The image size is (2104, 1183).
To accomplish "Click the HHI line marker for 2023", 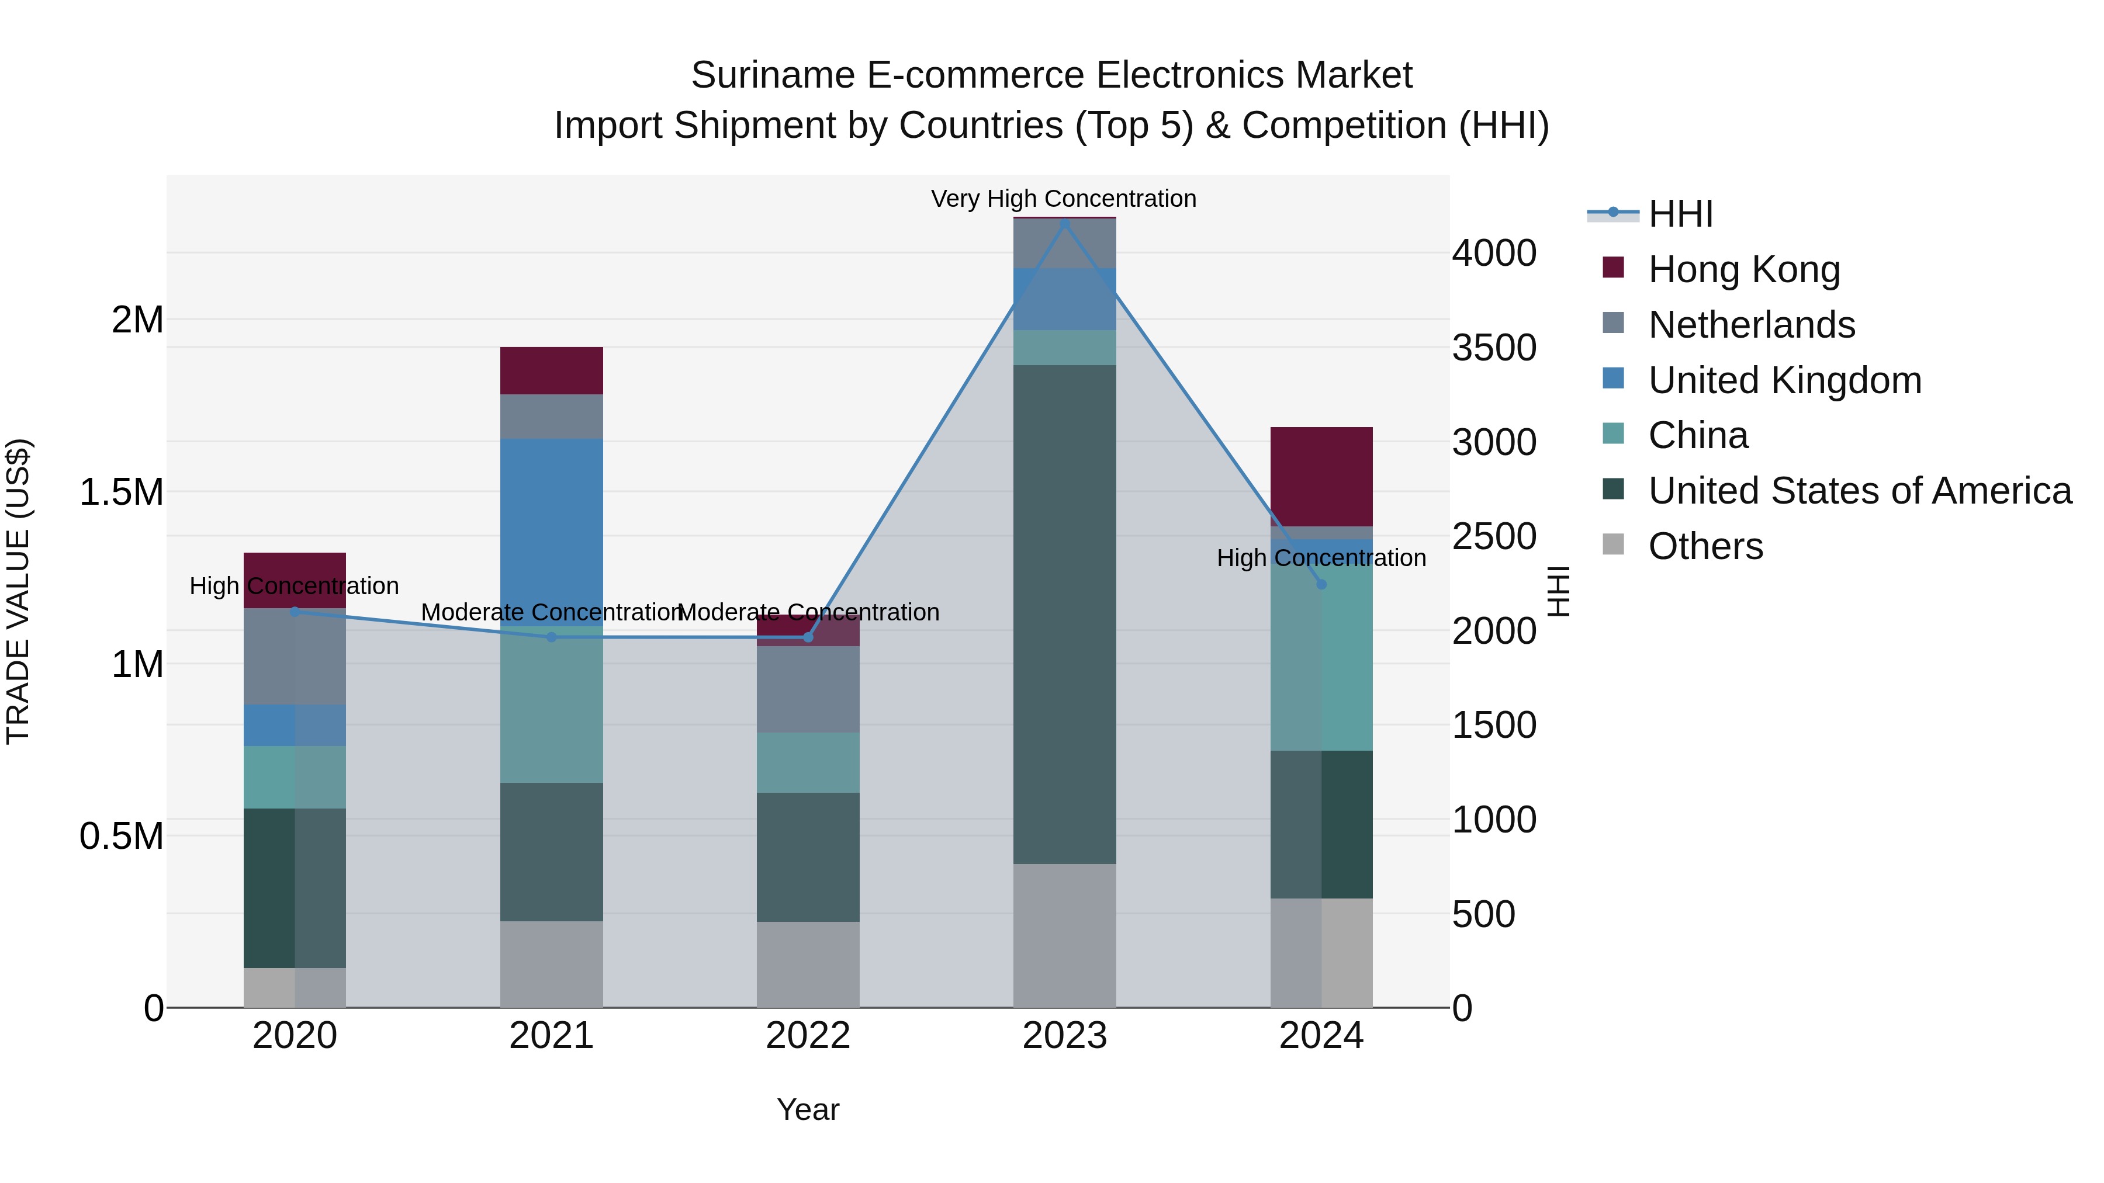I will (x=1064, y=224).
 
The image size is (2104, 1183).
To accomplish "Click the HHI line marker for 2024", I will (x=1321, y=585).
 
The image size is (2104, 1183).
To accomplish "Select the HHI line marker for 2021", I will (x=551, y=637).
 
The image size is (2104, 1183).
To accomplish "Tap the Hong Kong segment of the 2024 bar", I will (x=1321, y=477).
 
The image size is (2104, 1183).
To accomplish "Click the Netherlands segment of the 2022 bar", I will (x=808, y=689).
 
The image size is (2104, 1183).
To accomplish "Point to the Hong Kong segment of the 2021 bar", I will (x=551, y=370).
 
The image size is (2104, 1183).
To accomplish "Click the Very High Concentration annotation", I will (x=1064, y=199).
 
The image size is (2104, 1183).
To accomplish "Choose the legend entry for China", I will (x=1698, y=435).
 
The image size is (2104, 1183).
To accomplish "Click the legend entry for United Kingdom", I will (x=1785, y=380).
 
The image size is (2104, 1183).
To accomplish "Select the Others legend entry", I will (x=1705, y=546).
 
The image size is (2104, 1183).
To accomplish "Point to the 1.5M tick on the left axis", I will (x=122, y=492).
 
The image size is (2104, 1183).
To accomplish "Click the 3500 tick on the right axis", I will (x=1494, y=348).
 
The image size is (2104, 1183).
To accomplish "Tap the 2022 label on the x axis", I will (x=808, y=1036).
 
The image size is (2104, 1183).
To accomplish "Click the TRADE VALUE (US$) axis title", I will (x=19, y=591).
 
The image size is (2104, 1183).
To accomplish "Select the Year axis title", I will (x=808, y=1109).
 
